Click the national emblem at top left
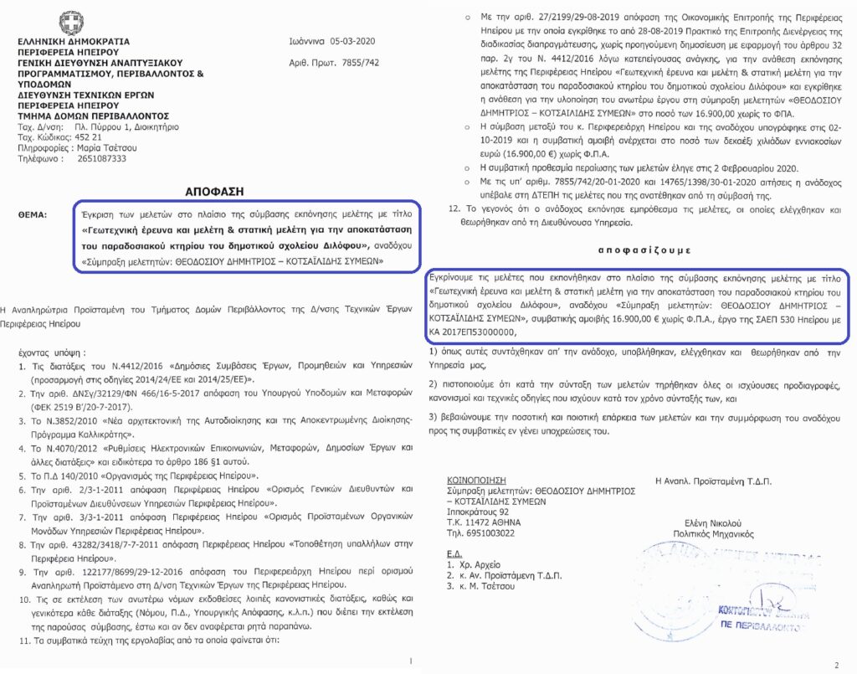[x=66, y=22]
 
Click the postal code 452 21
[x=85, y=137]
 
